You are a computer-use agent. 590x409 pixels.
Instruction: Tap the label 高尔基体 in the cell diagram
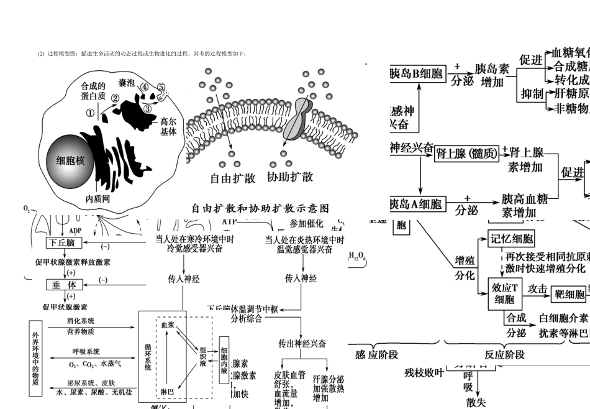pos(168,126)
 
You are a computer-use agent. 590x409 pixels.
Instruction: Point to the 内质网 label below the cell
pos(98,199)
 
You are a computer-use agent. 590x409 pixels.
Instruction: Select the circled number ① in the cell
pos(90,113)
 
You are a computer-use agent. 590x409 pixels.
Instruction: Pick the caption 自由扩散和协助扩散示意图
pos(260,208)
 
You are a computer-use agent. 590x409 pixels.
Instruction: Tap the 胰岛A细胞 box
pos(415,204)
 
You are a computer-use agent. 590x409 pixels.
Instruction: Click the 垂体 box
pos(64,285)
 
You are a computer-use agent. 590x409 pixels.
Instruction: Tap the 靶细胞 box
pos(570,293)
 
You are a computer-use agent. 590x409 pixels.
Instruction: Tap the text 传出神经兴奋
pos(302,344)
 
